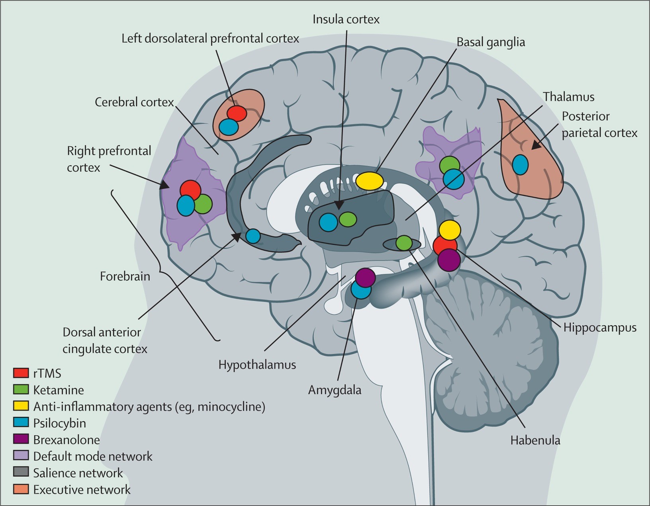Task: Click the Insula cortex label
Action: click(346, 19)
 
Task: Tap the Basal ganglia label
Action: click(490, 42)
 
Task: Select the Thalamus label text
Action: click(568, 97)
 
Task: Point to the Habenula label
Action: click(535, 440)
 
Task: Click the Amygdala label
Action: click(335, 390)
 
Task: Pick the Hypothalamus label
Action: click(257, 365)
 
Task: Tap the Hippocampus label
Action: click(599, 328)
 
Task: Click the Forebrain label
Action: click(125, 276)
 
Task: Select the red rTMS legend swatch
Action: click(21, 373)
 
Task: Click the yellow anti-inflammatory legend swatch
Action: click(21, 406)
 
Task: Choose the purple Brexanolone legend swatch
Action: click(21, 439)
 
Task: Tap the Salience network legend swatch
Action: click(21, 472)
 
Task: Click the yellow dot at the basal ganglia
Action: click(369, 181)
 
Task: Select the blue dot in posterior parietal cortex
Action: click(520, 164)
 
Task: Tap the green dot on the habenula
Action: click(404, 243)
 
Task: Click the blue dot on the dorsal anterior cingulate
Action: click(253, 236)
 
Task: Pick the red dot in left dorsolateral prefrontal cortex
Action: click(237, 113)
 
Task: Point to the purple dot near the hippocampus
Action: click(449, 260)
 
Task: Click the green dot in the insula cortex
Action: click(348, 219)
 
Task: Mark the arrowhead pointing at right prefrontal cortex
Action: click(164, 186)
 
